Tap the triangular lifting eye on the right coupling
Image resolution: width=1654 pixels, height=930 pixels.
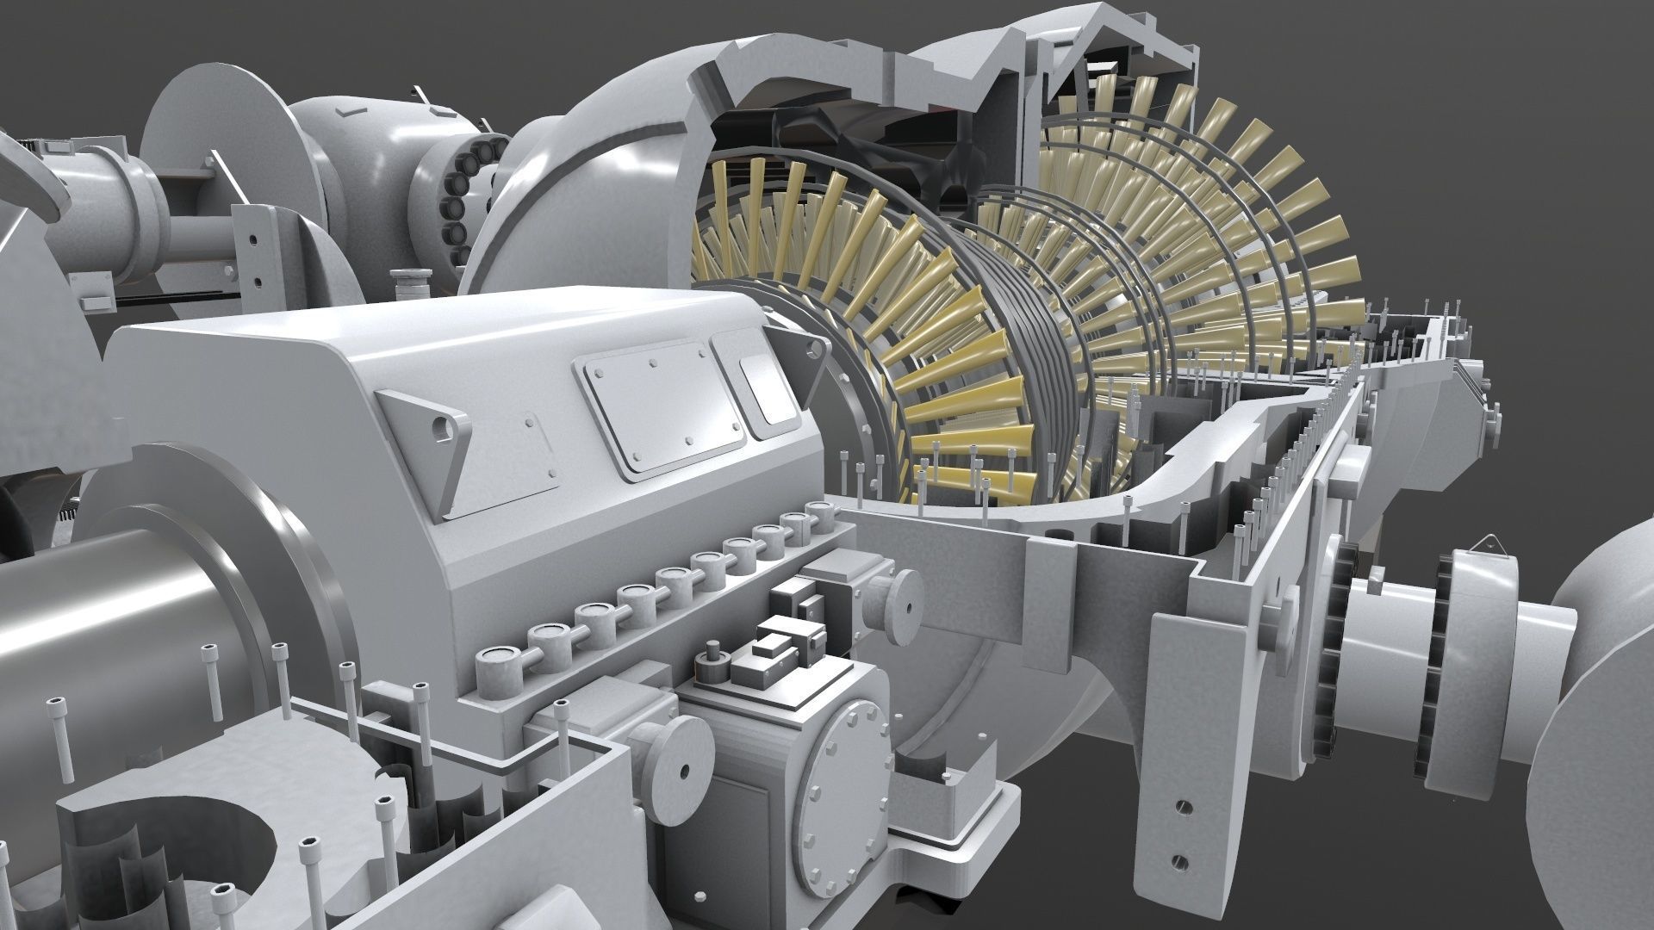click(x=1485, y=543)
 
